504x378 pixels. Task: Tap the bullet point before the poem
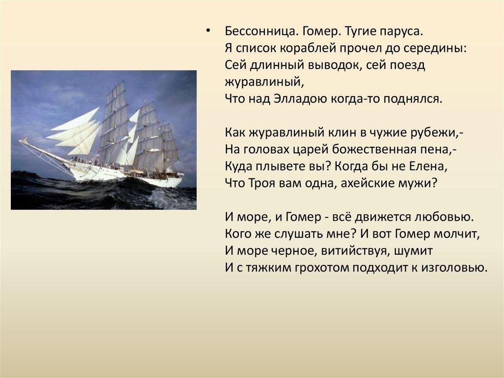point(208,31)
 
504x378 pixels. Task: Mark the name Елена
point(427,166)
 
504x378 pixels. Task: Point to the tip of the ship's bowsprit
point(20,141)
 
